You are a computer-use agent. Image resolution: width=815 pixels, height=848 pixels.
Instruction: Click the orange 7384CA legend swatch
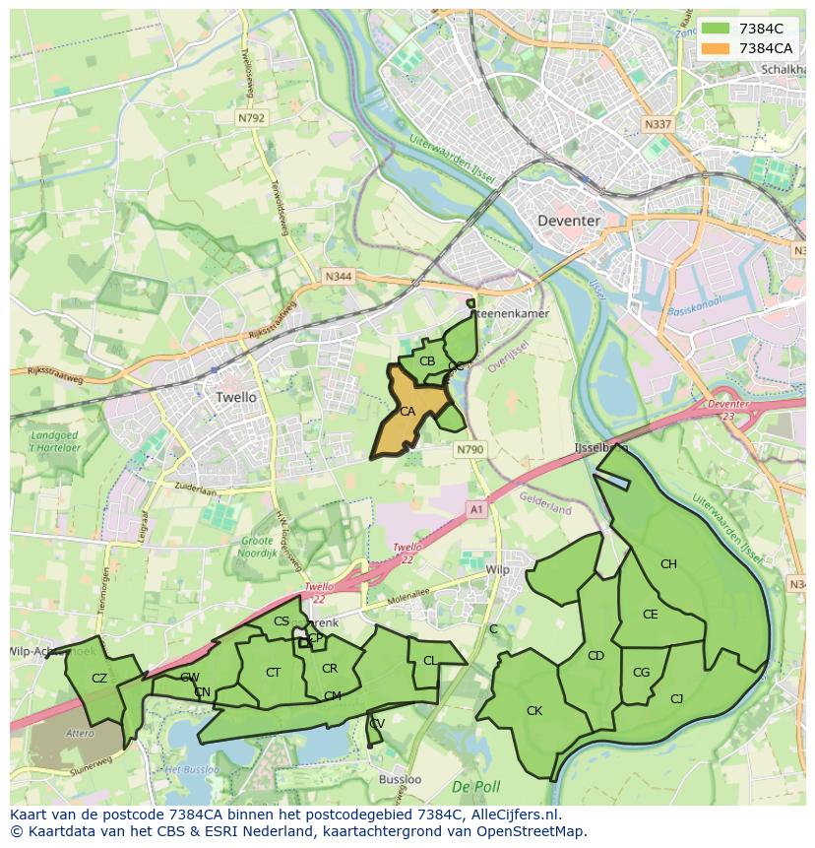click(x=716, y=48)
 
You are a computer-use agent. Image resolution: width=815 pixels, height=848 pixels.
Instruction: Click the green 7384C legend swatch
click(x=716, y=29)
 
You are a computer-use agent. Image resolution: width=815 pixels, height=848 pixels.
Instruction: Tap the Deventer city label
click(x=569, y=221)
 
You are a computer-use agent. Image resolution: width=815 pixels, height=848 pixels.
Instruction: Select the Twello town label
click(x=235, y=397)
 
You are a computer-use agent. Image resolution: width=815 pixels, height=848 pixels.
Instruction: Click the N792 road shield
click(x=251, y=117)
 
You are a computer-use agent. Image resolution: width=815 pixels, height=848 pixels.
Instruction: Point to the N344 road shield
click(x=338, y=278)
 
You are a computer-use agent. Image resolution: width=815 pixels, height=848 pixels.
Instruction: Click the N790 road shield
click(x=470, y=449)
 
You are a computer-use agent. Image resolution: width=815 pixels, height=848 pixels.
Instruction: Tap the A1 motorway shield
click(x=477, y=509)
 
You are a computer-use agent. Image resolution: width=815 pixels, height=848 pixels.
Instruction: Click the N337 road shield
click(x=658, y=125)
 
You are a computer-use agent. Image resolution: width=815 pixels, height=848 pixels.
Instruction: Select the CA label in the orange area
click(x=407, y=412)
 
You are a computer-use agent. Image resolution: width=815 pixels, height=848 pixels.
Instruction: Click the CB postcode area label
click(x=427, y=361)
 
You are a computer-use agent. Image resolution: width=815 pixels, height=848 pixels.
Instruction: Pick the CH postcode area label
click(x=668, y=564)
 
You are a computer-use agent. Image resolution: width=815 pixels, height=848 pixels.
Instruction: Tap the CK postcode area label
click(x=534, y=710)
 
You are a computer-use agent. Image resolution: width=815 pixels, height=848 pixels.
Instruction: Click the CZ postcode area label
click(x=99, y=678)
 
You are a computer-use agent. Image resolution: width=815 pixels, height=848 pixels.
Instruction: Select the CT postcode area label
click(x=274, y=673)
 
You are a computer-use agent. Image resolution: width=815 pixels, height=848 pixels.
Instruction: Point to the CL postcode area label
click(x=429, y=661)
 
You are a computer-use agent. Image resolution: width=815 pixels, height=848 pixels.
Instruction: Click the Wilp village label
click(x=498, y=570)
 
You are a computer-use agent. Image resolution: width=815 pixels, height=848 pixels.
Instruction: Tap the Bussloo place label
click(x=400, y=779)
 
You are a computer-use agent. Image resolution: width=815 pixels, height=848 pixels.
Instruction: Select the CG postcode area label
click(x=642, y=673)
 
